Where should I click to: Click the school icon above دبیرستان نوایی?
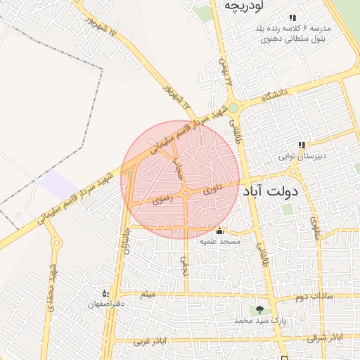[x=302, y=146]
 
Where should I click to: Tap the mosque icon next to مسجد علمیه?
[x=219, y=231]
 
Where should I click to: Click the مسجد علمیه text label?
[x=220, y=241]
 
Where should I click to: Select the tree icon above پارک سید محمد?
[x=260, y=309]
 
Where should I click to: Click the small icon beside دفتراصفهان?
[x=105, y=292]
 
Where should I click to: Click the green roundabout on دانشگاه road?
[x=233, y=108]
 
